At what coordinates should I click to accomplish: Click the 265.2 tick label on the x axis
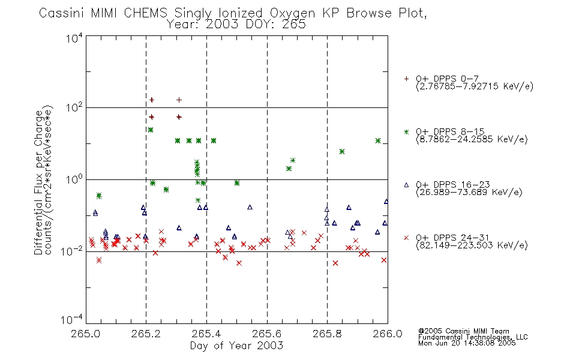(146, 334)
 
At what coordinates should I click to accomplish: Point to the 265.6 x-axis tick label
(266, 334)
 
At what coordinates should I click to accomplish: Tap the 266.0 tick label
(388, 334)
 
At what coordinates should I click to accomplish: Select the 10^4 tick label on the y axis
(74, 38)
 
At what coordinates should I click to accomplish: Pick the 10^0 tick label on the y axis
(74, 179)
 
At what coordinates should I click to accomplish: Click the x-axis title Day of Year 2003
(236, 346)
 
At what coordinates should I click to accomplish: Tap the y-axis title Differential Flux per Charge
(38, 182)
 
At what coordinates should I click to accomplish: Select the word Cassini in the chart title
(61, 13)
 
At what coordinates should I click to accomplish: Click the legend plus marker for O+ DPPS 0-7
(406, 79)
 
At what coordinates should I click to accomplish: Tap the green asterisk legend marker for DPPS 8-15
(406, 131)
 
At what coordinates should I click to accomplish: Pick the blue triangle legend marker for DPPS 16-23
(406, 185)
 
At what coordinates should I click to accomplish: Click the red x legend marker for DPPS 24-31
(406, 238)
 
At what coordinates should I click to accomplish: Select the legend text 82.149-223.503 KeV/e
(472, 245)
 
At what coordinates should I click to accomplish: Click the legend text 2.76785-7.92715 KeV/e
(475, 86)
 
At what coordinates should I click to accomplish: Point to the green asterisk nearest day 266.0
(378, 141)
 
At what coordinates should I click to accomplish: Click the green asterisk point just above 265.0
(99, 196)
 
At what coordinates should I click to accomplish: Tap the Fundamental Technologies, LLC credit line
(473, 337)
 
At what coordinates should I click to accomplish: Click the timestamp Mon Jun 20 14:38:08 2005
(467, 343)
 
